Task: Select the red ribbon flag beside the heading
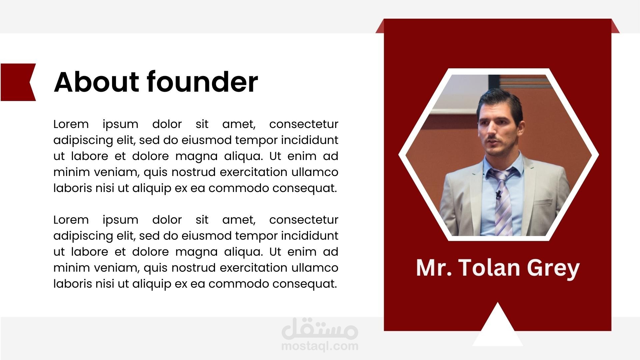coord(18,82)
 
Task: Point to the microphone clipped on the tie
coord(498,195)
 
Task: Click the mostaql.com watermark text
coord(320,346)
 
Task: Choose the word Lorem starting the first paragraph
coord(71,124)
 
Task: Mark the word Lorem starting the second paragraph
coord(71,220)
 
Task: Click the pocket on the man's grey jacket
coord(543,202)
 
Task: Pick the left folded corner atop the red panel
coord(380,26)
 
